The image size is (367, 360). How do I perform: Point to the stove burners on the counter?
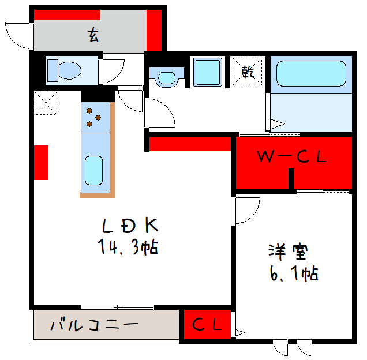coord(93,117)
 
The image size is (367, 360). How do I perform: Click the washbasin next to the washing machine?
coord(167,77)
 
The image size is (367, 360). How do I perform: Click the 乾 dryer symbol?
coord(248,72)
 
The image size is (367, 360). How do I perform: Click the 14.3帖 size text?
coord(128,248)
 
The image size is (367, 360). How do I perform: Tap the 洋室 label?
coord(287,252)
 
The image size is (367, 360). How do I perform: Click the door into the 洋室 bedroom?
coord(245,210)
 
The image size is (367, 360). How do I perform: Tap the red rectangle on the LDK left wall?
coord(40,162)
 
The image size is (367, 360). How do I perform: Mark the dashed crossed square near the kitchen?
coord(45,104)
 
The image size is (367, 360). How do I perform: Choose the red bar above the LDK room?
coord(190,143)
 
